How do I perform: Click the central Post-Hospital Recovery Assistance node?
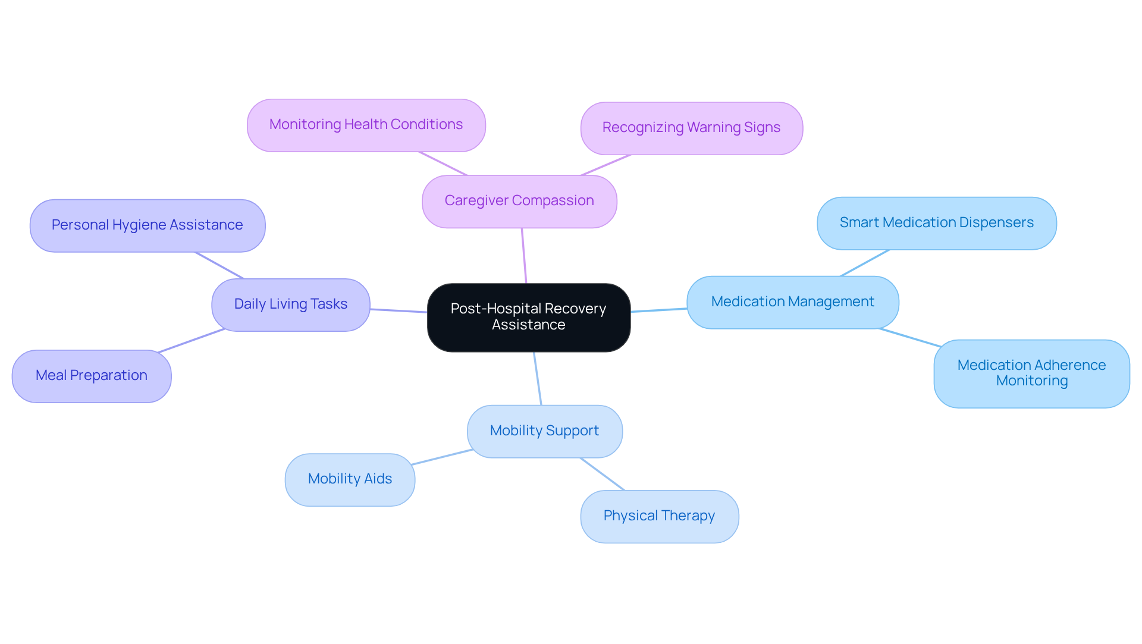(x=528, y=318)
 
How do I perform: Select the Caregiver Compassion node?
(x=519, y=201)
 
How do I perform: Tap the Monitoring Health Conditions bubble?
(x=366, y=125)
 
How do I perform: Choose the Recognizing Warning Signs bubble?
(x=691, y=128)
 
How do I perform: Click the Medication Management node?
(x=792, y=302)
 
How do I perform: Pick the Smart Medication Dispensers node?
(x=936, y=223)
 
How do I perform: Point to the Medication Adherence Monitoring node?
(x=1031, y=373)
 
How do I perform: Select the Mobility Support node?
(x=544, y=431)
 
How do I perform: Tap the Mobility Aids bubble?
(x=350, y=479)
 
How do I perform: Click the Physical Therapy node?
(x=659, y=516)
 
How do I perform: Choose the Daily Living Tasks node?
(x=290, y=304)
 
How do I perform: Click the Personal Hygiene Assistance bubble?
(x=147, y=225)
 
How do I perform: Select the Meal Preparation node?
(x=91, y=376)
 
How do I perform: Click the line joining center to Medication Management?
(x=658, y=310)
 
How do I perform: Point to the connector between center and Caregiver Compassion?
(x=524, y=256)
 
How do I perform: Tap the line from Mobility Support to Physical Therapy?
(x=603, y=474)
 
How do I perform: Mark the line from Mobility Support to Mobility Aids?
(x=441, y=457)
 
